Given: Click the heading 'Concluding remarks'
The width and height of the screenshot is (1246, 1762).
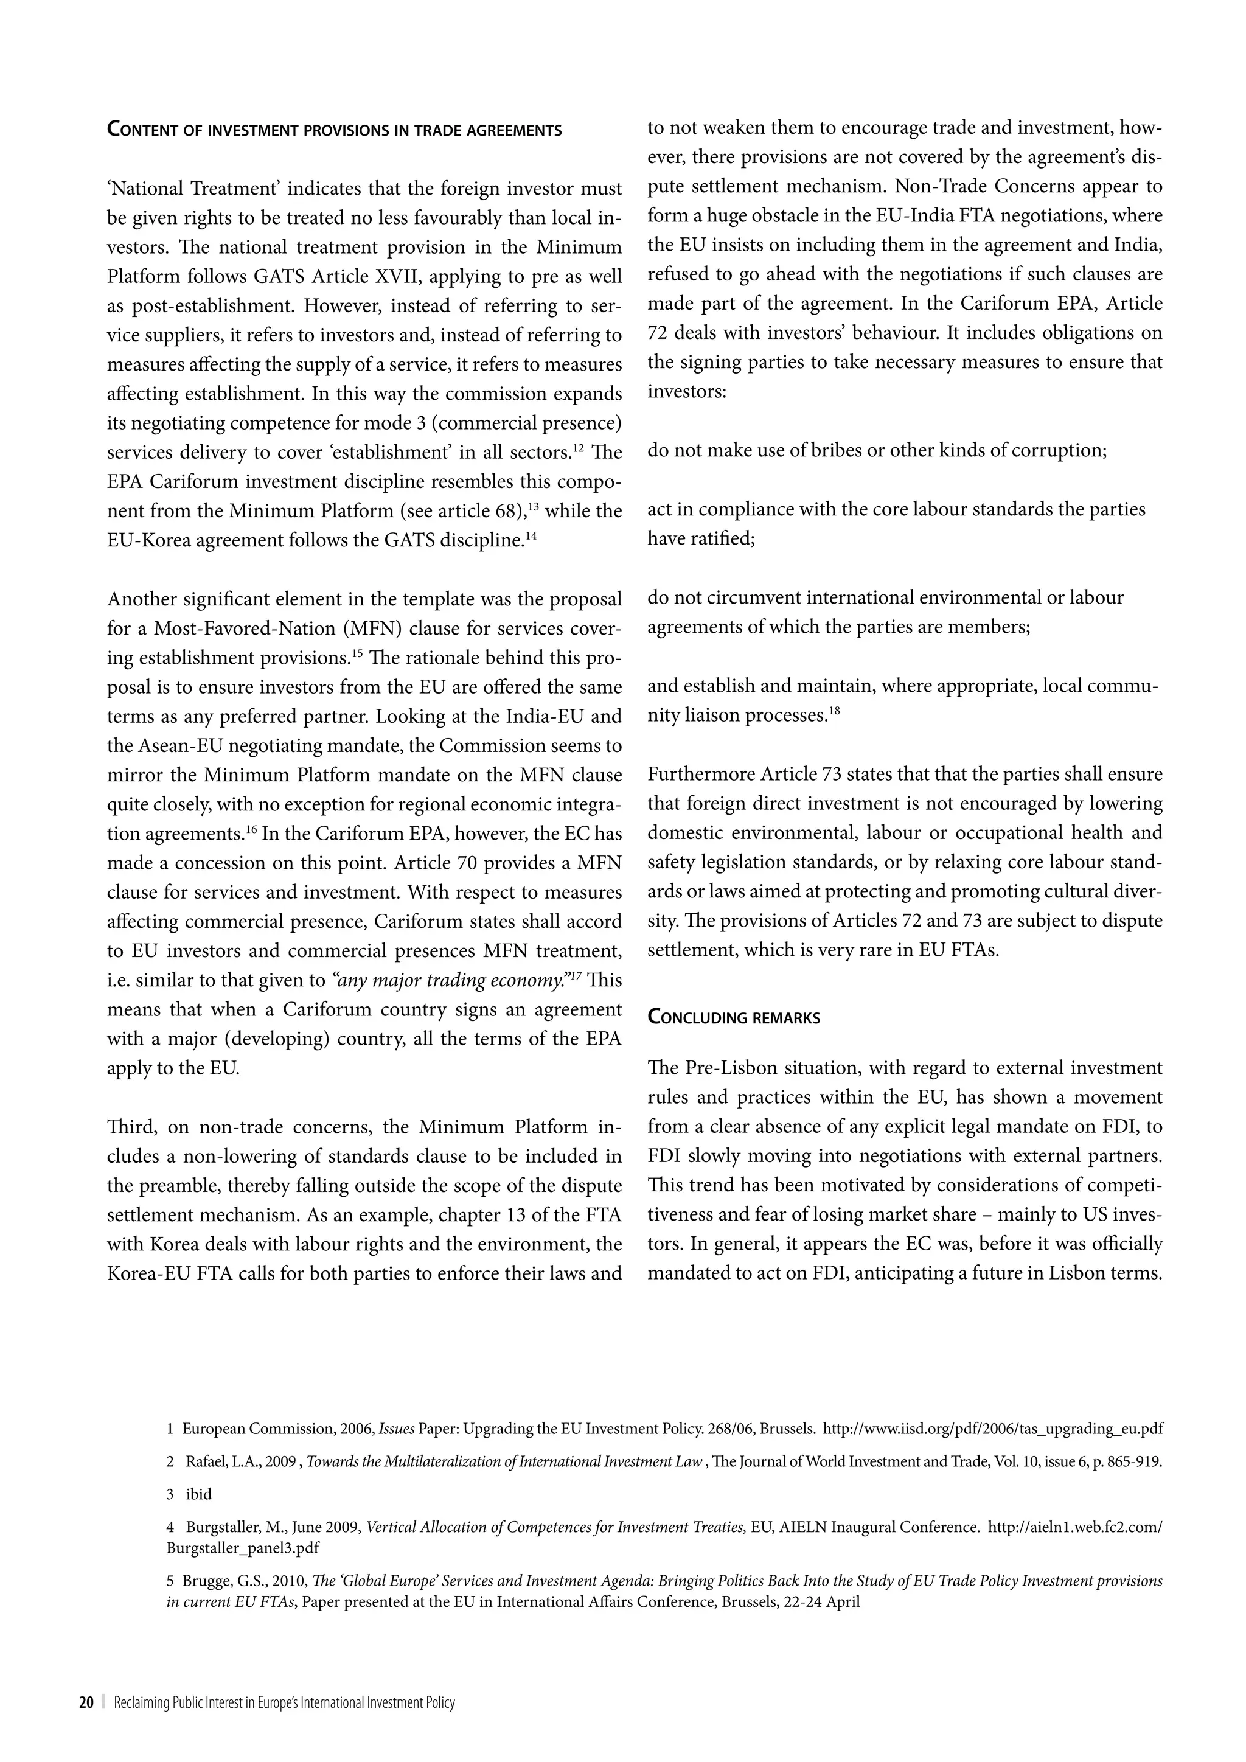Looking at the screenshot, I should pyautogui.click(x=734, y=1018).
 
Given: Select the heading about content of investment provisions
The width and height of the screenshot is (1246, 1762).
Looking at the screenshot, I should pyautogui.click(x=334, y=130).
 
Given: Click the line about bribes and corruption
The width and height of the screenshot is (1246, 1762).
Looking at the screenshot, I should pyautogui.click(x=876, y=450).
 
